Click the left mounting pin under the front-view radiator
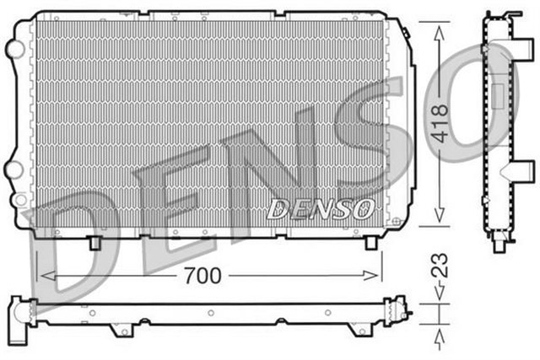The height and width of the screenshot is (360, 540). click(x=95, y=243)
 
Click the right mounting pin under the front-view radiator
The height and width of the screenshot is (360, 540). click(x=370, y=242)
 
